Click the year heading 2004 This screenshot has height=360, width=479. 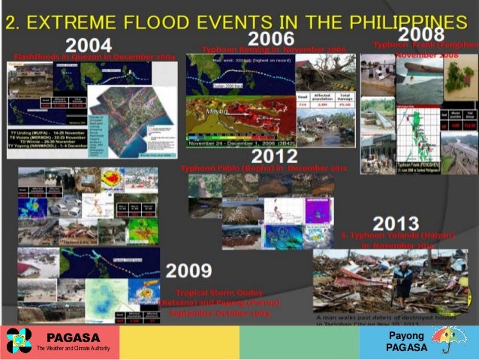pyautogui.click(x=89, y=46)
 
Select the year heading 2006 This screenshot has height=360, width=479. pyautogui.click(x=271, y=38)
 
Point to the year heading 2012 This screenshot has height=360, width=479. pyautogui.click(x=275, y=156)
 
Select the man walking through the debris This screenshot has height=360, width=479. pyautogui.click(x=403, y=282)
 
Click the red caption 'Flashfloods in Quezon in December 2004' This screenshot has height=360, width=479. pyautogui.click(x=95, y=57)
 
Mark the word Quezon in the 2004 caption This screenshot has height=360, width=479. pyautogui.click(x=88, y=57)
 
